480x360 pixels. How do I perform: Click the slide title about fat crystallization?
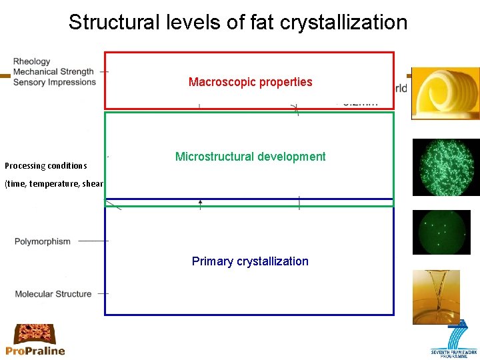[238, 22]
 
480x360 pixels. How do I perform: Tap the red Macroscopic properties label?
[250, 82]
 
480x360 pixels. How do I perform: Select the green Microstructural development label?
[250, 157]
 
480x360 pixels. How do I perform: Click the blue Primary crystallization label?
[250, 261]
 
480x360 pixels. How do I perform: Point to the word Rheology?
[31, 62]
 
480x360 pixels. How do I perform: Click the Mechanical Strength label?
[53, 72]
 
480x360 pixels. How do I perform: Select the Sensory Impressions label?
[55, 82]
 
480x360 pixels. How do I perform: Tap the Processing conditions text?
[46, 165]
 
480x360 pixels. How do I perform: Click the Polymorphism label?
[42, 241]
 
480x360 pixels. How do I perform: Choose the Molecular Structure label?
[53, 294]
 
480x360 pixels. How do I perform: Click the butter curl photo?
[445, 93]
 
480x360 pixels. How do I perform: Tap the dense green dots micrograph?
[446, 167]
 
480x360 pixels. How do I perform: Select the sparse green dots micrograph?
[441, 232]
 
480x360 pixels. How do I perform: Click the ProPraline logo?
[35, 340]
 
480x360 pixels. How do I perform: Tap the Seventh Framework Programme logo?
[453, 340]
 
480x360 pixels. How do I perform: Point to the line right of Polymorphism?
[93, 241]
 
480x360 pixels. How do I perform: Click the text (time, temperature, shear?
[53, 184]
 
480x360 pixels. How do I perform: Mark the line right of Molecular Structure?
[103, 293]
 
